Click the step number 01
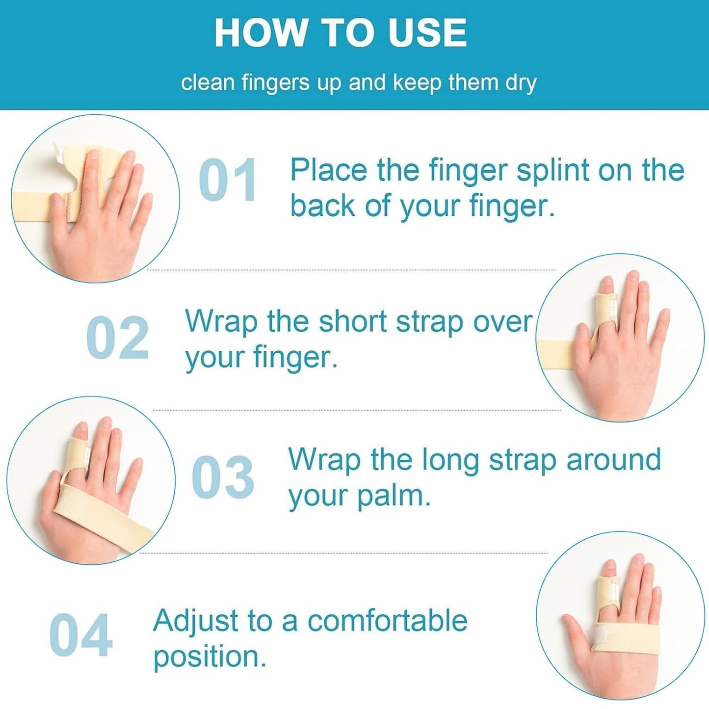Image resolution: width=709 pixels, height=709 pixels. pos(228,180)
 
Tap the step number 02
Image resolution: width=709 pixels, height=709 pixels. pos(117,338)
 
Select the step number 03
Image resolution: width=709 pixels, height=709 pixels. pos(223,476)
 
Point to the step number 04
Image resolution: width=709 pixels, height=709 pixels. pos(81,635)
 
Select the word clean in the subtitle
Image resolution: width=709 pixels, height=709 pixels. pos(208,83)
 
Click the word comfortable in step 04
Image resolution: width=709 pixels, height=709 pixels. pos(387,621)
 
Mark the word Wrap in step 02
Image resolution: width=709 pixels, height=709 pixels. pos(221,322)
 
